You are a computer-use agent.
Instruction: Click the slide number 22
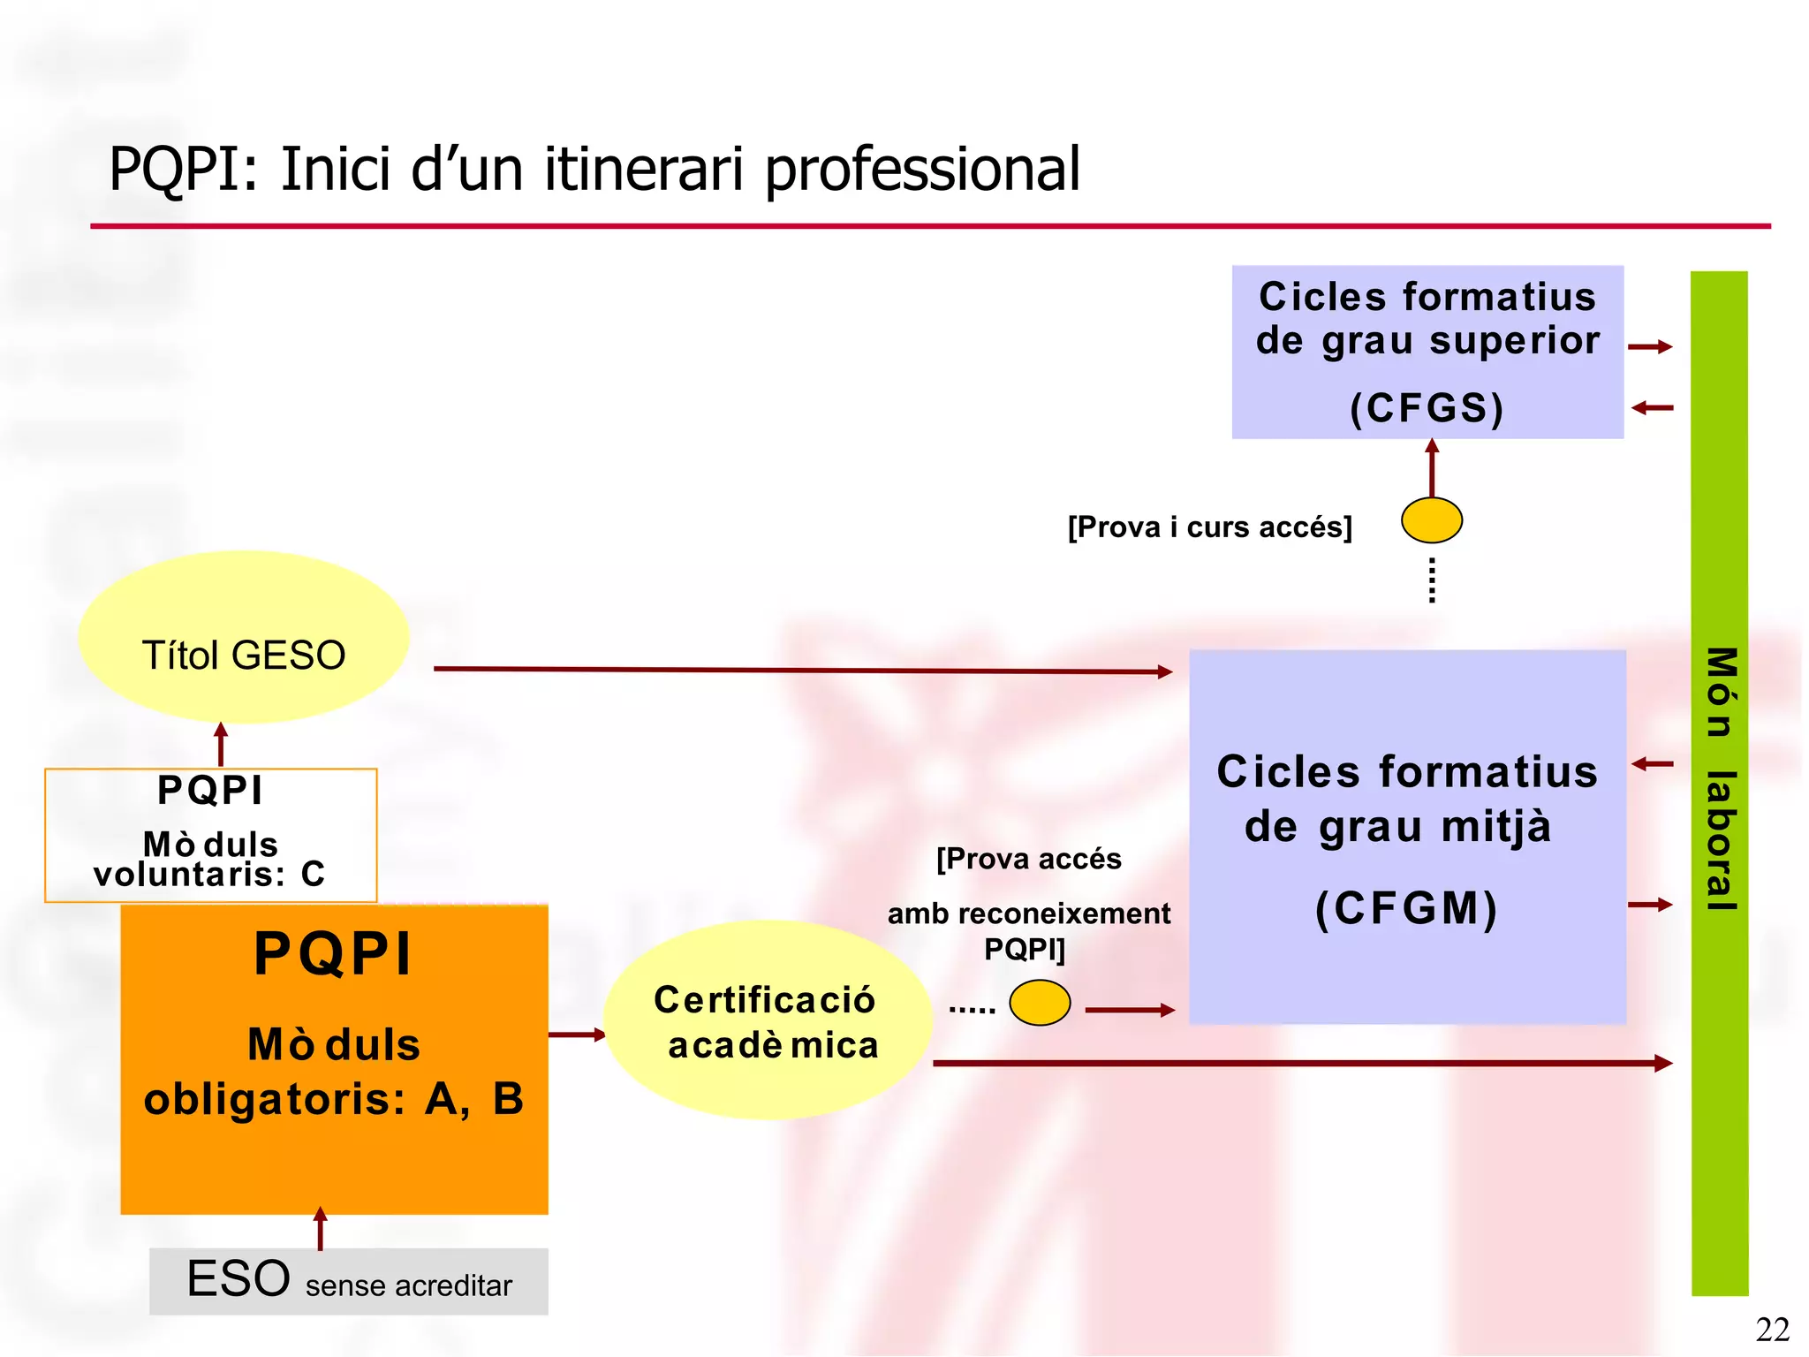(x=1772, y=1329)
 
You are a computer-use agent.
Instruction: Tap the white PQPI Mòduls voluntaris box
(x=210, y=835)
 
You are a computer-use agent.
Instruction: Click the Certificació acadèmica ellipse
(x=768, y=1020)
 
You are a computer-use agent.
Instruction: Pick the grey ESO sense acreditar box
(x=348, y=1281)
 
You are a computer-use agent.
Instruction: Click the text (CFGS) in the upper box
(x=1427, y=408)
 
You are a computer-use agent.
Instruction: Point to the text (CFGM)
(x=1407, y=908)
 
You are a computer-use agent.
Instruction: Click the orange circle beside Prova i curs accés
(x=1431, y=520)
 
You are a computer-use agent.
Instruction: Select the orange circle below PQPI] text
(x=1040, y=1003)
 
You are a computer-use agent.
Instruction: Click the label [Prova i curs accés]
(x=1209, y=527)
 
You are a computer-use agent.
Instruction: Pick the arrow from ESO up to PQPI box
(x=321, y=1229)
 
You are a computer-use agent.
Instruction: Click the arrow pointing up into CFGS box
(x=1432, y=467)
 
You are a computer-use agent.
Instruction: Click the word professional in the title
(x=922, y=169)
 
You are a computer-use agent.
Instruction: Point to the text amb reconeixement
(x=1028, y=914)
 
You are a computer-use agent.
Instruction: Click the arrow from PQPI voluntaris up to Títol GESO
(x=221, y=745)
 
